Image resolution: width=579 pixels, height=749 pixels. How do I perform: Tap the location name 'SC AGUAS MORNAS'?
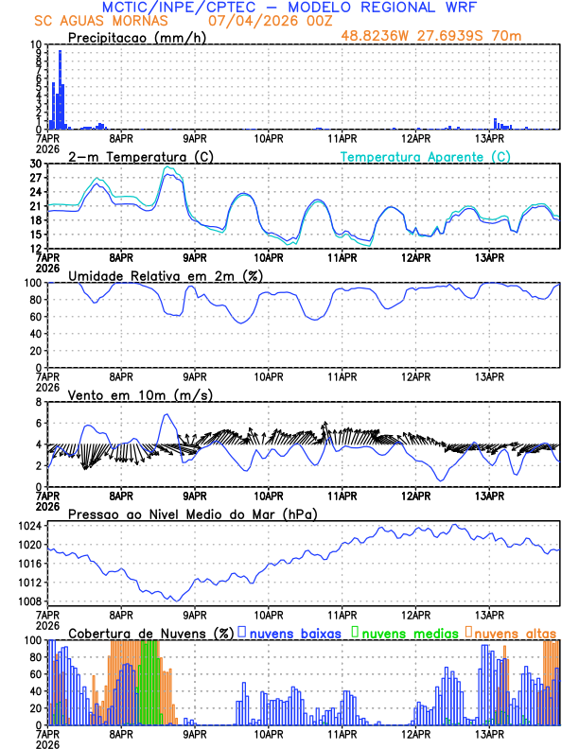pyautogui.click(x=102, y=21)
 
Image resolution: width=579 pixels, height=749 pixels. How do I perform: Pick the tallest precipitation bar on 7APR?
pyautogui.click(x=61, y=53)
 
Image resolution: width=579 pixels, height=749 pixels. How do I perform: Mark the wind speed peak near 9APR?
pyautogui.click(x=167, y=414)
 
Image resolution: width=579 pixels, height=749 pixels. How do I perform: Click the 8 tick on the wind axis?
pyautogui.click(x=40, y=402)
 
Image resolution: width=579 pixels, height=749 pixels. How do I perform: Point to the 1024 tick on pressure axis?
pyautogui.click(x=31, y=526)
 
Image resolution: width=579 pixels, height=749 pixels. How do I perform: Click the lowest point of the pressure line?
pyautogui.click(x=174, y=601)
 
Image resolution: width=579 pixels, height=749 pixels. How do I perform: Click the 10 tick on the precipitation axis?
pyautogui.click(x=36, y=44)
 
